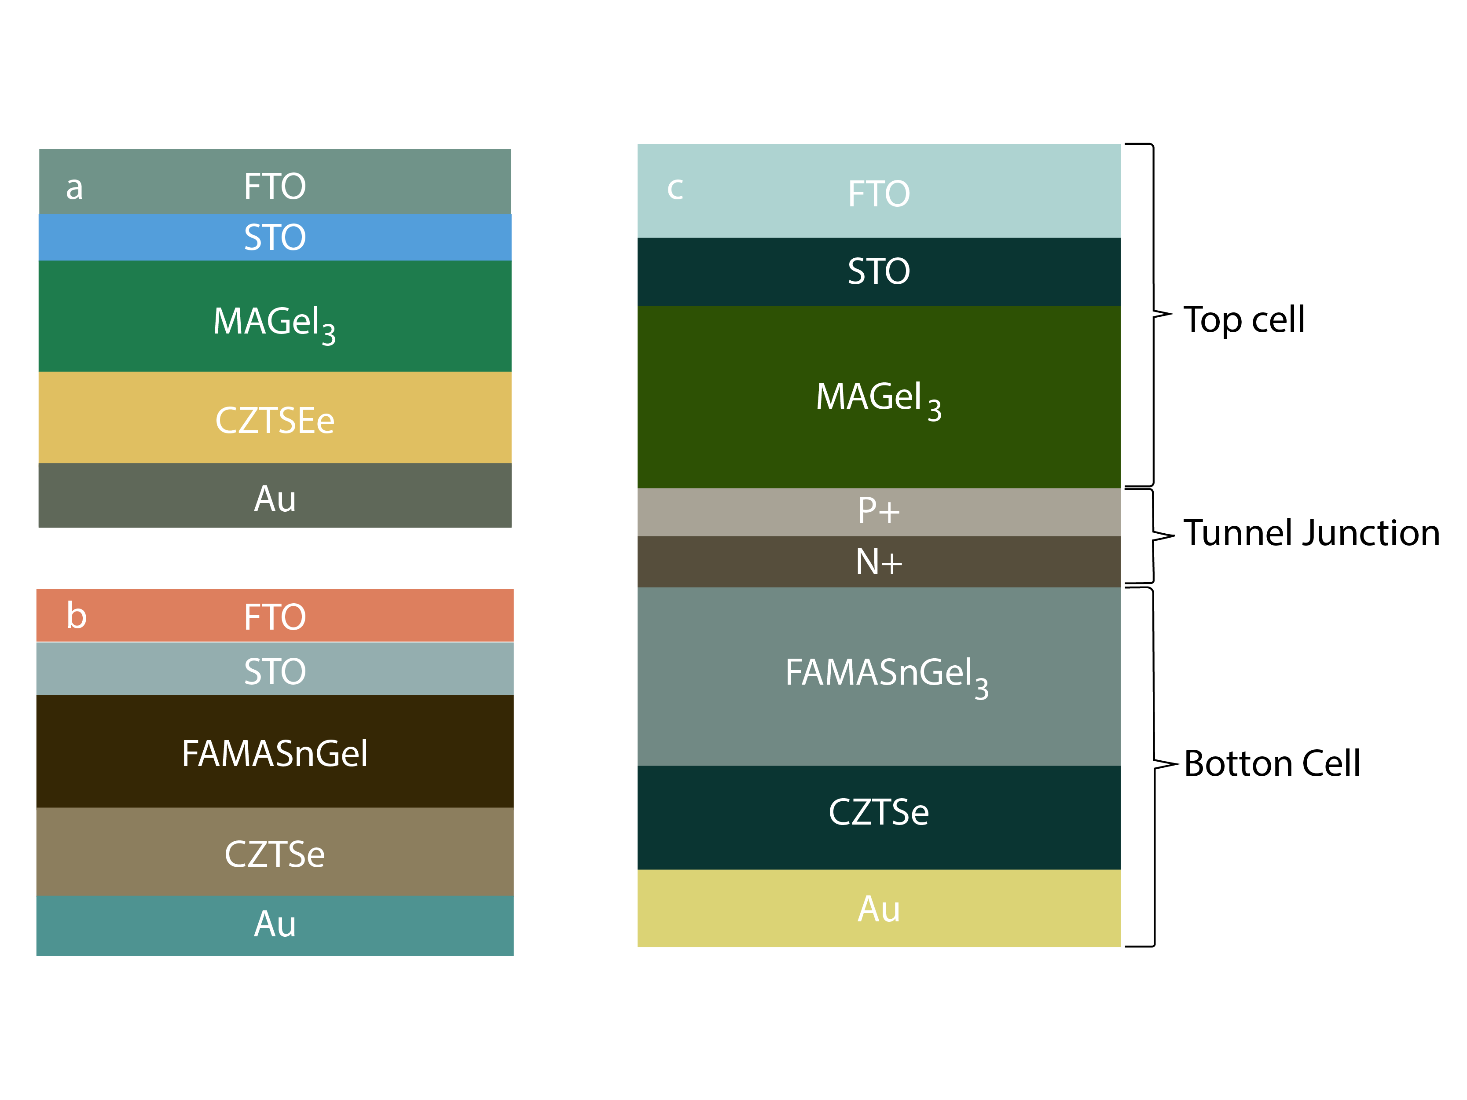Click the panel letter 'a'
coord(74,188)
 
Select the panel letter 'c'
coord(675,189)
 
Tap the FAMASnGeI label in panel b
coord(275,754)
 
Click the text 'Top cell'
coord(1243,320)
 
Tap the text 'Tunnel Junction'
coord(1311,534)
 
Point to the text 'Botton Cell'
coord(1271,764)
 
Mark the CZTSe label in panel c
coord(878,813)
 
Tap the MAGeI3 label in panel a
coord(274,323)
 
